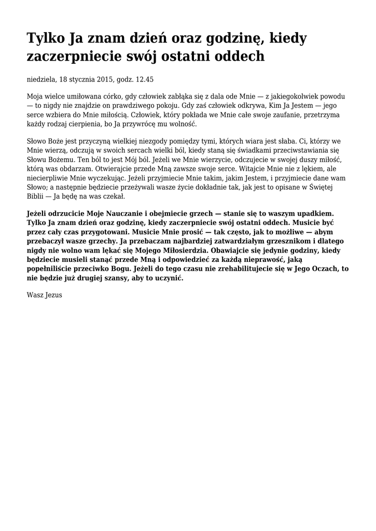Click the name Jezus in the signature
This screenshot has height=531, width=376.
coord(53,295)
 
